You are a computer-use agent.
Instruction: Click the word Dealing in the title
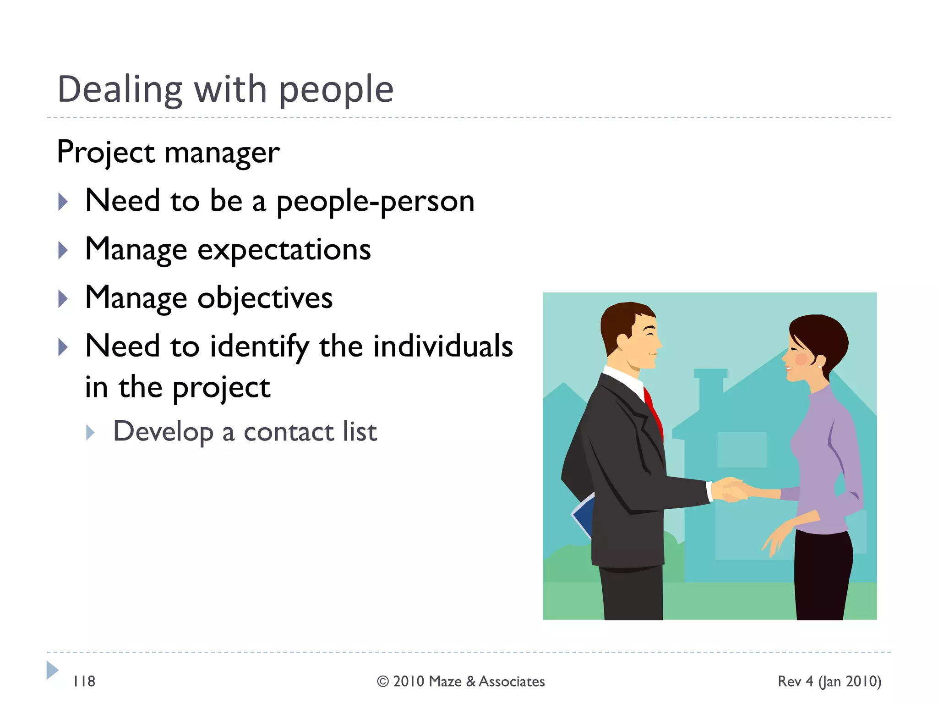pos(120,89)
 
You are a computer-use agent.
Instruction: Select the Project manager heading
pos(168,152)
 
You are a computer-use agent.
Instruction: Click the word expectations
pos(284,250)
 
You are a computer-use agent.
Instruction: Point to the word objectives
pos(265,298)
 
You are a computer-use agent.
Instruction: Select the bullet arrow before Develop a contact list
pos(90,432)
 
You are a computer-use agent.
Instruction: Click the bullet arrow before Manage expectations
pos(63,250)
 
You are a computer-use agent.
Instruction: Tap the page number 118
pos(84,682)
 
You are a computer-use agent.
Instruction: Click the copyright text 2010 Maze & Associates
pos(461,682)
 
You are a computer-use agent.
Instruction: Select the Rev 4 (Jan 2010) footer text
pos(829,682)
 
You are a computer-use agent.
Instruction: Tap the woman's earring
pos(820,366)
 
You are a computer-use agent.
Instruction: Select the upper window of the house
pos(742,449)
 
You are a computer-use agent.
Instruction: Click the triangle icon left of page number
pos(52,670)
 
